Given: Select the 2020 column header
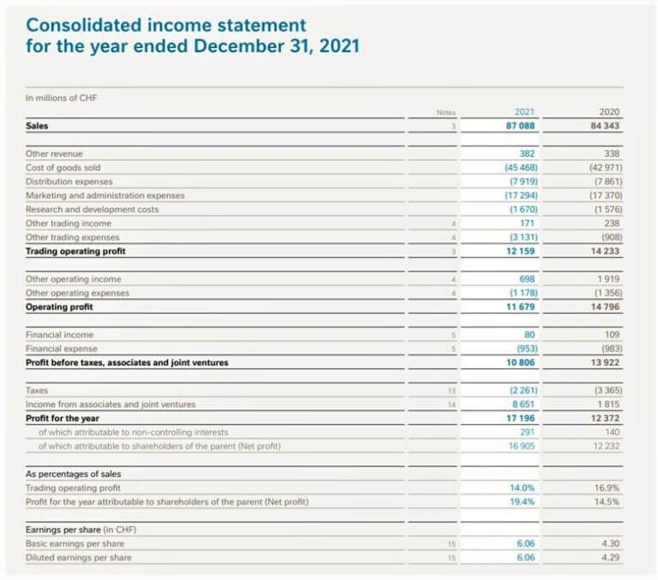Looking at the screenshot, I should (x=610, y=112).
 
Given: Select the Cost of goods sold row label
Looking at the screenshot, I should (x=63, y=168).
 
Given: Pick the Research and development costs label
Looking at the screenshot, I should (x=92, y=209).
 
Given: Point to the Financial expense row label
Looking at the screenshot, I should (x=62, y=349).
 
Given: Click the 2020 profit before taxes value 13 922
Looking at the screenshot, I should (x=605, y=362).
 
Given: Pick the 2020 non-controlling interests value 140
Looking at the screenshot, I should (x=611, y=432).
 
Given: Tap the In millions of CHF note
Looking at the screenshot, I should (x=62, y=98).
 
